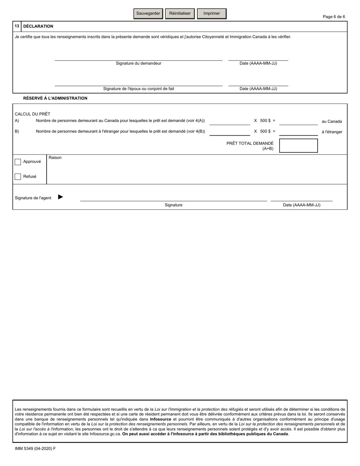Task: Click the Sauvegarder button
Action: pos(148,13)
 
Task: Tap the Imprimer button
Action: pos(211,13)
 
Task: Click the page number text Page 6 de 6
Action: pos(333,17)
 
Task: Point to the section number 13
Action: pos(17,27)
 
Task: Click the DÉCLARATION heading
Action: pos(38,27)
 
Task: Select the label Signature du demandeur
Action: pos(138,63)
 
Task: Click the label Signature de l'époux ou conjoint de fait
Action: pos(139,89)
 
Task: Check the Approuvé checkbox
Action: pos(18,162)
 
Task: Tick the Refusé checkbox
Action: pos(18,177)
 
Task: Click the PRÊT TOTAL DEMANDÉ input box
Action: pos(298,146)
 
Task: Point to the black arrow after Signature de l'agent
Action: pos(61,197)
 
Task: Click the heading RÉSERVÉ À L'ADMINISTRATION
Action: pos(55,98)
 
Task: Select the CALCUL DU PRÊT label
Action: pos(32,114)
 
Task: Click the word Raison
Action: pos(55,158)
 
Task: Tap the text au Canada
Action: pos(332,122)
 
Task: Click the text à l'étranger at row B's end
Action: pos(332,132)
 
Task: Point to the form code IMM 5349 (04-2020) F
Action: pos(35,449)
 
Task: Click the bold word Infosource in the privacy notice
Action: pos(160,419)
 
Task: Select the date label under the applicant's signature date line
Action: pos(258,63)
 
